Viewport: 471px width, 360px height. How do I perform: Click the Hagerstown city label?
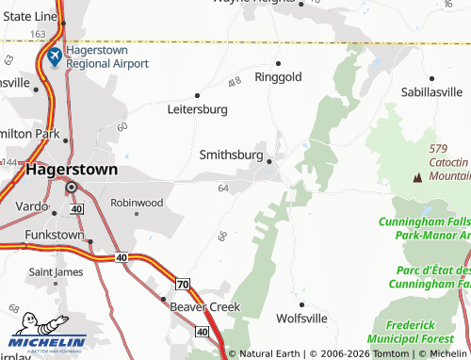73,171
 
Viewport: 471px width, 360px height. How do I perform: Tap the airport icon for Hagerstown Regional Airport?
54,57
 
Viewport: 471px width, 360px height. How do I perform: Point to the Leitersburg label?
197,109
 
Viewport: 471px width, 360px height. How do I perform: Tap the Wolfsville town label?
300,319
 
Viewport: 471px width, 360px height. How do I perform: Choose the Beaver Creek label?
204,307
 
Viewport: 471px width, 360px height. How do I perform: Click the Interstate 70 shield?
183,284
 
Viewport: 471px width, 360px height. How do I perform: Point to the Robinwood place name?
137,203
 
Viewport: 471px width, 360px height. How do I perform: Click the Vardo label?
31,206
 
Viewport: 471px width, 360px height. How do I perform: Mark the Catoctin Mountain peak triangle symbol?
416,177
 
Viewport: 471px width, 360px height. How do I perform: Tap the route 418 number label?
235,81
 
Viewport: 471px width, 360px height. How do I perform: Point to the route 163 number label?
38,34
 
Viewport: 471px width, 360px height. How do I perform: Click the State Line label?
29,16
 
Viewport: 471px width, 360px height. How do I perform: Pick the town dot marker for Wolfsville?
301,304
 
